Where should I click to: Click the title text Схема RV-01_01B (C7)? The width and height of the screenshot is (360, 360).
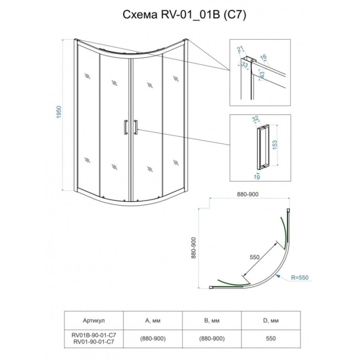point(184,15)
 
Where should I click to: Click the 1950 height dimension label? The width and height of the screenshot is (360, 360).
point(59,112)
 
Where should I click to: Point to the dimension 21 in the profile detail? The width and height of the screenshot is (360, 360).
point(240,49)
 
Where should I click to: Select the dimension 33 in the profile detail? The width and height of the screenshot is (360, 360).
point(245,65)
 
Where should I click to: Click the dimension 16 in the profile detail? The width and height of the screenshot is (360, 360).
point(263,57)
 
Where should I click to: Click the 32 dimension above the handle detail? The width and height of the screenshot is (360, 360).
point(255,119)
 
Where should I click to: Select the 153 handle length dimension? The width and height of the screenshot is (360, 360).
point(274,145)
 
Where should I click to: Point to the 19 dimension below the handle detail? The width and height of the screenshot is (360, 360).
point(257,177)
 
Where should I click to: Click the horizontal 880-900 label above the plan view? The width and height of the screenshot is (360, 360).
point(248,194)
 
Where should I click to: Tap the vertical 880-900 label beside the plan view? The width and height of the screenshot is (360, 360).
point(194,248)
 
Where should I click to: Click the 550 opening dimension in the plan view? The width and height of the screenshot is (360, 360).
point(254,257)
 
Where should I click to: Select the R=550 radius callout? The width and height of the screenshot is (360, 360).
point(300,278)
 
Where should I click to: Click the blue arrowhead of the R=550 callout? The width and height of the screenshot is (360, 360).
point(278,276)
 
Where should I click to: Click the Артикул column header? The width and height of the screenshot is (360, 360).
point(94,320)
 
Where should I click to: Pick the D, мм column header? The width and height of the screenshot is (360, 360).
point(271,320)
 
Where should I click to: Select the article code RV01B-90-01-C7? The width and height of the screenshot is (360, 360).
point(94,334)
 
